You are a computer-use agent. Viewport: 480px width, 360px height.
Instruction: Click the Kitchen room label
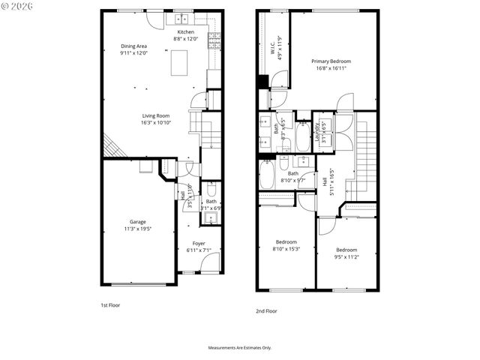(x=185, y=32)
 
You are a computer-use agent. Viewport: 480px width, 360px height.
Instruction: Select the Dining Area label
(x=133, y=46)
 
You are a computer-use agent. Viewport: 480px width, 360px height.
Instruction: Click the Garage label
(x=137, y=221)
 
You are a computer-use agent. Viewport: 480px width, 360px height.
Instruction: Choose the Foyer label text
(x=199, y=243)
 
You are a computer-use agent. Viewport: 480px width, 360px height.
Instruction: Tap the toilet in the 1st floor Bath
(x=211, y=191)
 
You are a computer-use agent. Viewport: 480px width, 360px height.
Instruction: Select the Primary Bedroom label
(x=331, y=61)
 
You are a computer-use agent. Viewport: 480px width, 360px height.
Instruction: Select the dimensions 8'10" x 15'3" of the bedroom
(x=286, y=249)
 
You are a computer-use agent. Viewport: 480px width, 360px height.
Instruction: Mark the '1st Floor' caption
(x=110, y=305)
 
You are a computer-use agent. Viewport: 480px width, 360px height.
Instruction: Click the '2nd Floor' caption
(x=266, y=310)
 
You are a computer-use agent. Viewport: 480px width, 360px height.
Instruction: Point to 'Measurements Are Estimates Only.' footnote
(x=239, y=348)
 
